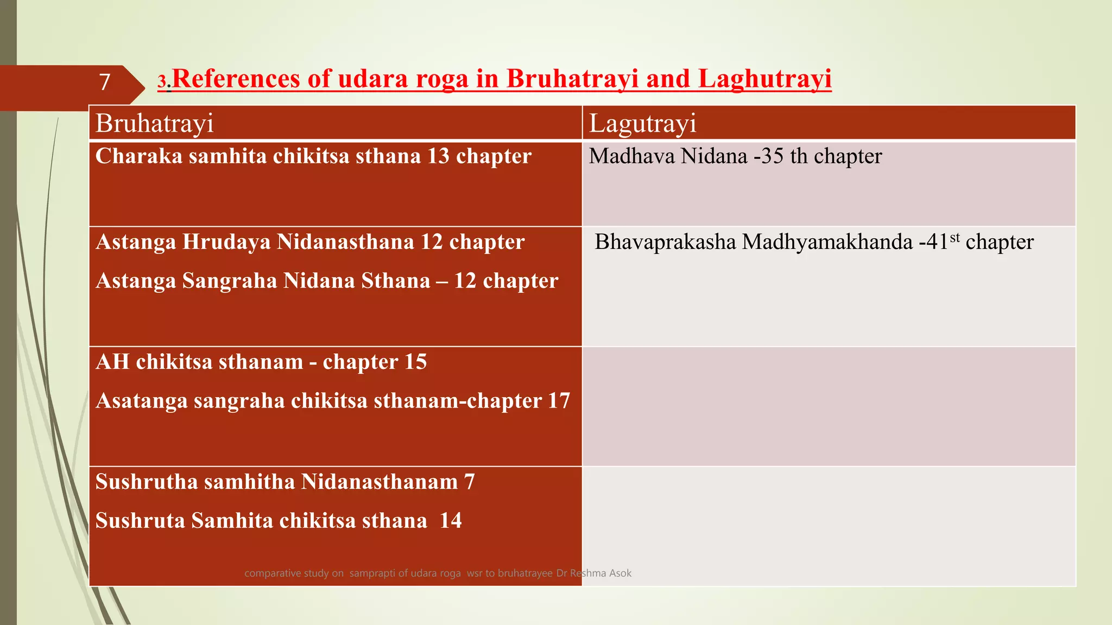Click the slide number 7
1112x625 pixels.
105,82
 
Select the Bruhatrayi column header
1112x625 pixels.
155,123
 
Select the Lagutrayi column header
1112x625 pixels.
642,123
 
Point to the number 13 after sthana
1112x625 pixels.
438,156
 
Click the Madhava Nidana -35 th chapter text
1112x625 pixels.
735,156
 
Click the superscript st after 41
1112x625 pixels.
955,238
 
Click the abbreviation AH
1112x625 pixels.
112,362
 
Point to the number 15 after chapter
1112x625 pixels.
415,362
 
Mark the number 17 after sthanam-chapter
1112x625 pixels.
559,401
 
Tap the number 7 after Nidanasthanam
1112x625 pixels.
469,482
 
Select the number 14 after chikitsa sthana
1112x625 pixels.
451,521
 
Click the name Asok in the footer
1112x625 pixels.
620,573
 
